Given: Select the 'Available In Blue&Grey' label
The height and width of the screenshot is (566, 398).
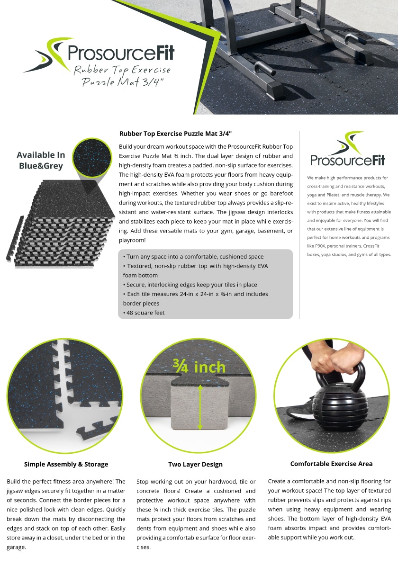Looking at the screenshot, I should (41, 160).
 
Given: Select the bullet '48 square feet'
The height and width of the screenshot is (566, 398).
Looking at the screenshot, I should (145, 313).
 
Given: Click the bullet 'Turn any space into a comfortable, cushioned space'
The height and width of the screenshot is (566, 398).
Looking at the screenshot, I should (193, 256).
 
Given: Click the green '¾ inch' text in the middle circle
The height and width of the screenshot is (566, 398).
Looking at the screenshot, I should (199, 366).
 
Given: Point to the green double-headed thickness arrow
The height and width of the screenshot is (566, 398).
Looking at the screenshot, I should (200, 407).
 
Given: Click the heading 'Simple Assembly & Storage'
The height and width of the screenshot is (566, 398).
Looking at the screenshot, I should (66, 464).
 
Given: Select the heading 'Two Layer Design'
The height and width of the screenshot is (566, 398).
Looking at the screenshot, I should (195, 464).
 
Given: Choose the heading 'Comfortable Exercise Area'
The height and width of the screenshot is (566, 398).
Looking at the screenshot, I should (331, 464).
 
